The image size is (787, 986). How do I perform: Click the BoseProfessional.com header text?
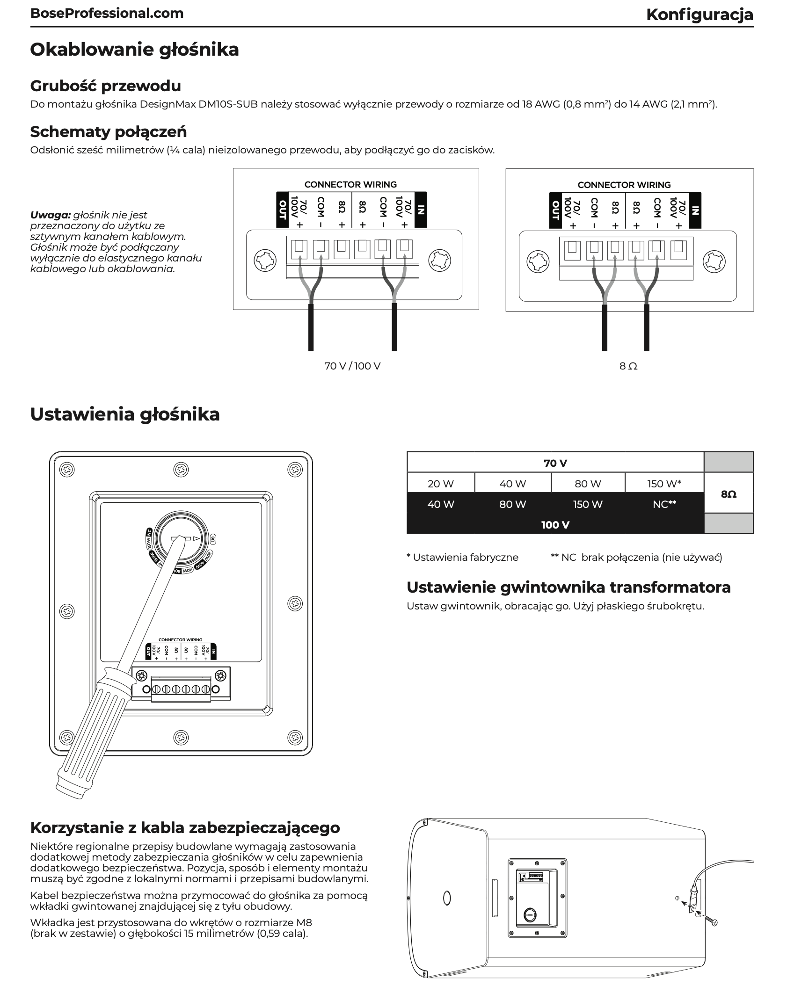pos(107,14)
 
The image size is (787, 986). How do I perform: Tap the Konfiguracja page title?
pos(699,14)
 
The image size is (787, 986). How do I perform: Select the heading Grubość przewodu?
pos(105,86)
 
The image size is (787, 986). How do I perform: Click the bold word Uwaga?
pos(50,215)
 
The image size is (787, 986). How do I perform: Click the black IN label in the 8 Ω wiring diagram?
pos(695,210)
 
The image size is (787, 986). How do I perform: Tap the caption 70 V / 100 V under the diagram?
pos(352,366)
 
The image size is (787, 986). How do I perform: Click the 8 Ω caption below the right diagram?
pos(628,366)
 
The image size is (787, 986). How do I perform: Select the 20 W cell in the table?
pos(440,484)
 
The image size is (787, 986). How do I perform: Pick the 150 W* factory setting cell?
pos(664,484)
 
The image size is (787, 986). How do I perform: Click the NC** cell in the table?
pos(664,504)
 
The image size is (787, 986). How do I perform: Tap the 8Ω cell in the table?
pos(729,494)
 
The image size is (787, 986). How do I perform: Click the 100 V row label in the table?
pos(555,525)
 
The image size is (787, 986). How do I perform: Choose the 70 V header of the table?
pos(555,463)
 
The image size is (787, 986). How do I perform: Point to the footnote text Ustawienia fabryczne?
pos(465,557)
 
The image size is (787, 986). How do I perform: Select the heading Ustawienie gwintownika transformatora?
pos(568,587)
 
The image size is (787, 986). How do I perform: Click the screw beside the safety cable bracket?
pos(713,921)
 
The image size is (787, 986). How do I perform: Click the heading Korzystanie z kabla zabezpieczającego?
pos(185,827)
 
